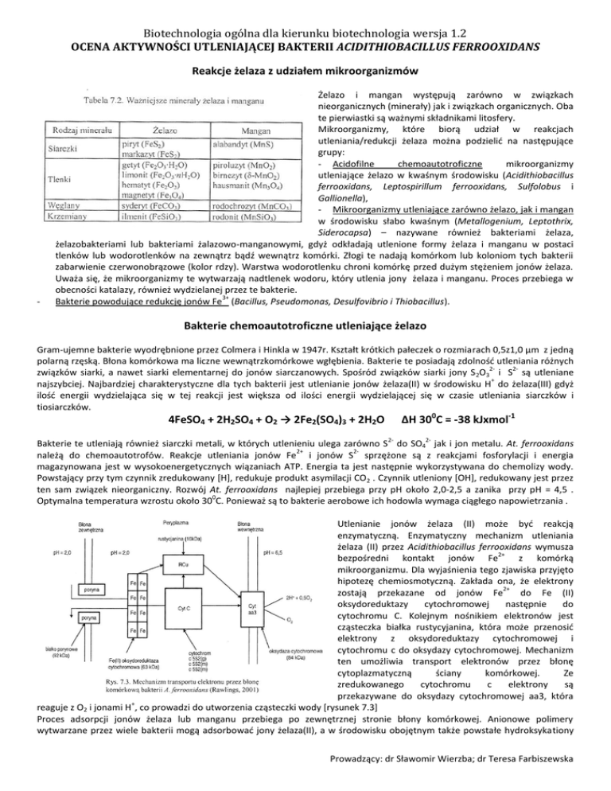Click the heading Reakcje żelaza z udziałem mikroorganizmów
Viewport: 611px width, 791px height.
point(305,73)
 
